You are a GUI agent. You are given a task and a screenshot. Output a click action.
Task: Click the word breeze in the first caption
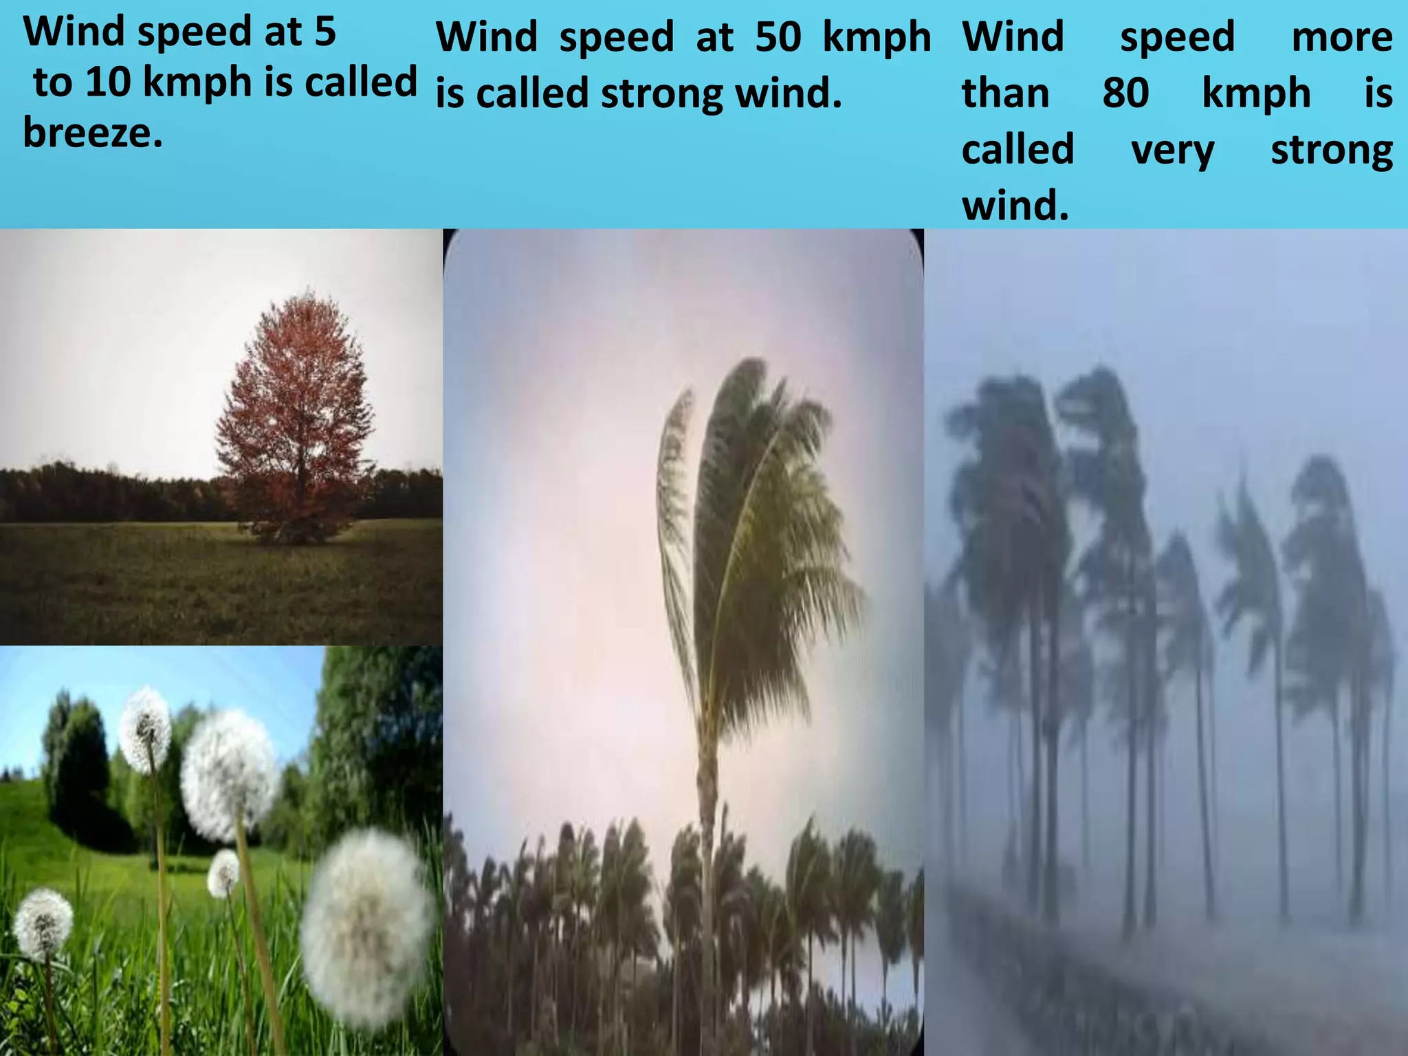[x=93, y=132]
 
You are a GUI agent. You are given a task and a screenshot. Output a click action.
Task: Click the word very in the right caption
[x=1173, y=150]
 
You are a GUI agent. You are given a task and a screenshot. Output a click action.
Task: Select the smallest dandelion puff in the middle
[x=223, y=873]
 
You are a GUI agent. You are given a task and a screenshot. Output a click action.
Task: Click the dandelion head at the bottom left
[x=43, y=923]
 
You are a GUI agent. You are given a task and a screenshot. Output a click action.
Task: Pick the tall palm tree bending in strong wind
[x=749, y=516]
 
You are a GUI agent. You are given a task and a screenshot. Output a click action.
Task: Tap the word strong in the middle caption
[x=661, y=94]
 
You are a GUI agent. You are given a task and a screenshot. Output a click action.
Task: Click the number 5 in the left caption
[x=325, y=32]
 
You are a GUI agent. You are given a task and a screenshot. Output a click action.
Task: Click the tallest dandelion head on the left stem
[x=145, y=727]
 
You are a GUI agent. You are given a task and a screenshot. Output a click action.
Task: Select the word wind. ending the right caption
[x=1015, y=206]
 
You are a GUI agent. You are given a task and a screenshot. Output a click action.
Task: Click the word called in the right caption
[x=1017, y=150]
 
